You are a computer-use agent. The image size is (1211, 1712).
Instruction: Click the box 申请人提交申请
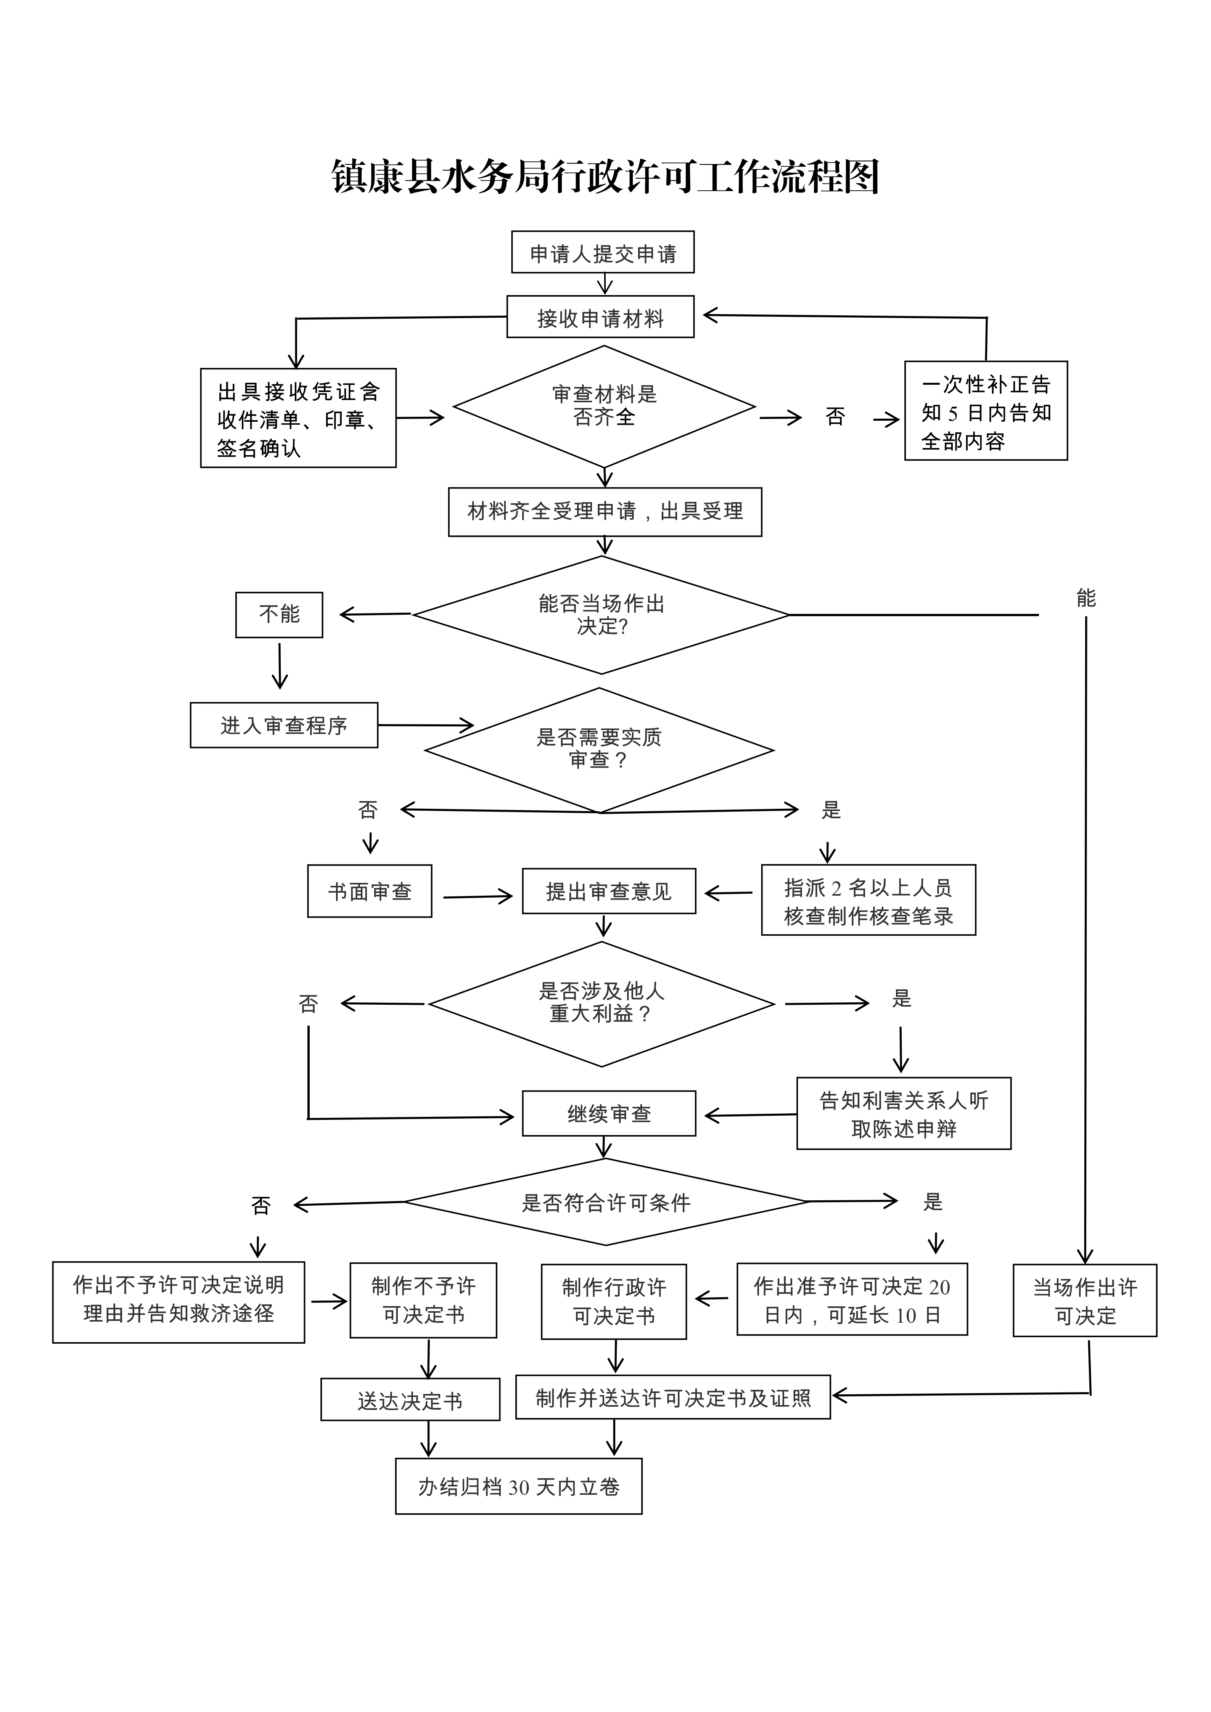point(603,253)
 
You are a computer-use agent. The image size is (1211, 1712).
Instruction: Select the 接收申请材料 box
point(600,318)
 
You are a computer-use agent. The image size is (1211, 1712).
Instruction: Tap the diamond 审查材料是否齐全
point(604,406)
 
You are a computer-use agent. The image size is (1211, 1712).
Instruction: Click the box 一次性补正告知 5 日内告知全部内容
point(986,411)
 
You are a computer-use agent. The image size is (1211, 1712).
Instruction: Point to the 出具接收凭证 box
point(298,418)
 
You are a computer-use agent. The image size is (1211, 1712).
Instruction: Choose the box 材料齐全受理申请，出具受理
point(605,512)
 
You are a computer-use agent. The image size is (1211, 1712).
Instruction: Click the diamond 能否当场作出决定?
point(601,615)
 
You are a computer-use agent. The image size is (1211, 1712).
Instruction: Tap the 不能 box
point(279,614)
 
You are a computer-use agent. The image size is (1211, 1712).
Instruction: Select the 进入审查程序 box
point(284,725)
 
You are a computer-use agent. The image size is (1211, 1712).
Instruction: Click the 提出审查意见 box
point(608,891)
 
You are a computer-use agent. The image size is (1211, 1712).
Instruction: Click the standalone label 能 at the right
point(1086,598)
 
